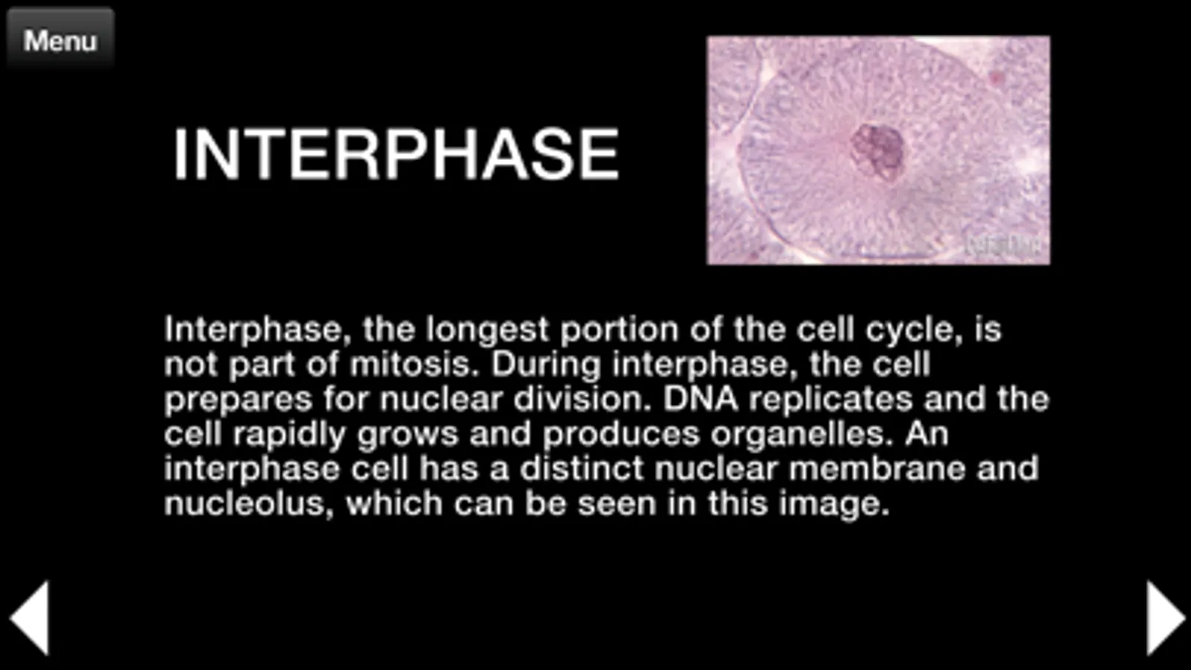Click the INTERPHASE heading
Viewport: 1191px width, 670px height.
pyautogui.click(x=396, y=155)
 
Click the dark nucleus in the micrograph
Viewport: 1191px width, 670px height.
pyautogui.click(x=877, y=151)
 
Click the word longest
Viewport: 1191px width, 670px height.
pyautogui.click(x=488, y=331)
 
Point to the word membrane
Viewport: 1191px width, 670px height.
pyautogui.click(x=877, y=468)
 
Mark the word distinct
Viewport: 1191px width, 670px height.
pyautogui.click(x=582, y=468)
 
